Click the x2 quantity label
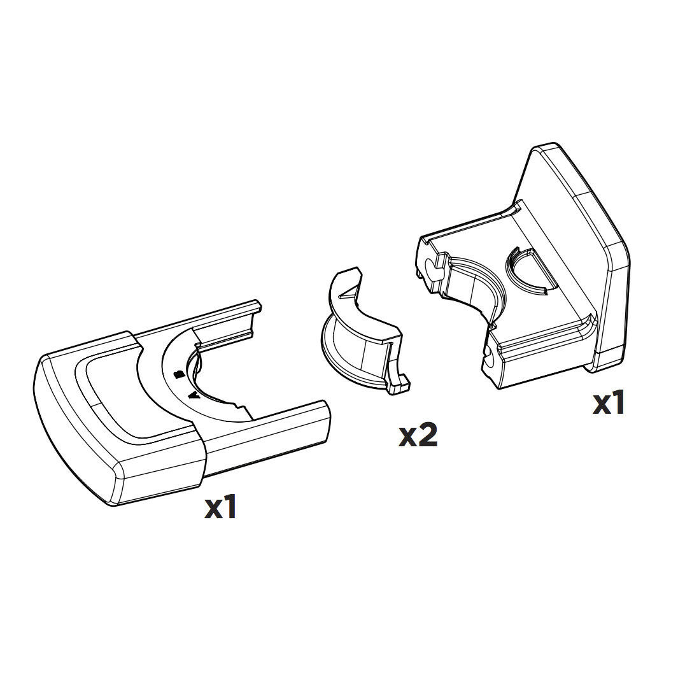pos(418,435)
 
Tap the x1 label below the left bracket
pos(220,507)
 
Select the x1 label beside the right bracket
pos(609,403)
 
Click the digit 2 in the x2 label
pos(427,435)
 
